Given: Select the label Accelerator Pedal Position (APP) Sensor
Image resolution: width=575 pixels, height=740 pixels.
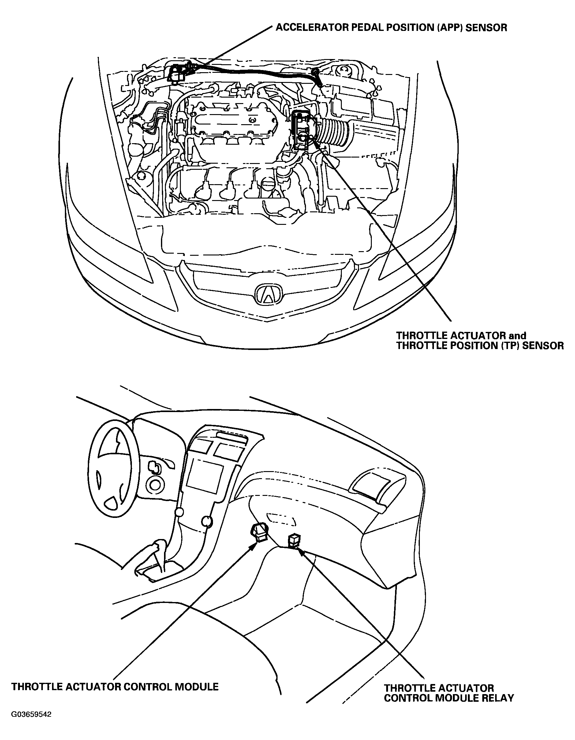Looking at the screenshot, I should (391, 28).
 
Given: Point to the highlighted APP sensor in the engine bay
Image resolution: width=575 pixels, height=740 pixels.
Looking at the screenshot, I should (177, 73).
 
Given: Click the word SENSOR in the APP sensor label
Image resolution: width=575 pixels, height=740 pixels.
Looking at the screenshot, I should (487, 28).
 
